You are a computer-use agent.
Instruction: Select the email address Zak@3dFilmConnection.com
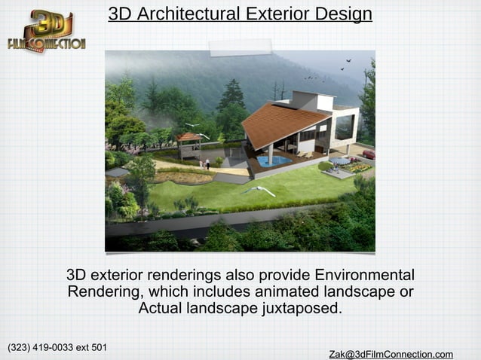391,354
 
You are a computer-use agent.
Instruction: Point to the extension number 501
97,347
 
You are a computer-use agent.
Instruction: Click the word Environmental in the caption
364,274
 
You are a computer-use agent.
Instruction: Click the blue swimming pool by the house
272,160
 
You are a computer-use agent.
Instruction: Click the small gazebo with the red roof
188,143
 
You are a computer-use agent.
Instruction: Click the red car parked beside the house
368,154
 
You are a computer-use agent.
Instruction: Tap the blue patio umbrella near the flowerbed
339,160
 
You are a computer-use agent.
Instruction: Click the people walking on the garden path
206,162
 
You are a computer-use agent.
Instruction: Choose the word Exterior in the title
271,14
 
